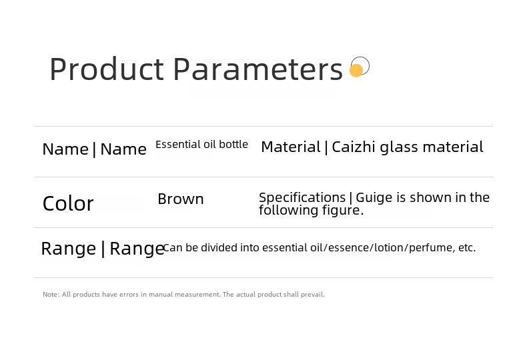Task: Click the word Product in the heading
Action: click(x=107, y=69)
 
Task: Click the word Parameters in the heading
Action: click(x=257, y=69)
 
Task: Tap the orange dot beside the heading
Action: click(x=356, y=70)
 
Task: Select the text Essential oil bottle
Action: click(x=201, y=145)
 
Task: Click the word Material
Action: click(x=291, y=147)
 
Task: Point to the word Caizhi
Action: click(x=354, y=147)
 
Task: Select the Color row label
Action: click(x=68, y=203)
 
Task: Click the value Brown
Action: click(x=181, y=199)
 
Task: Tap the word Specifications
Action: click(x=302, y=198)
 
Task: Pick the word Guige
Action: click(x=374, y=198)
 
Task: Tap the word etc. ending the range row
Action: click(x=467, y=248)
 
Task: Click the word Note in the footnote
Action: click(x=51, y=295)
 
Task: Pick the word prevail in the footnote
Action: click(x=313, y=295)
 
